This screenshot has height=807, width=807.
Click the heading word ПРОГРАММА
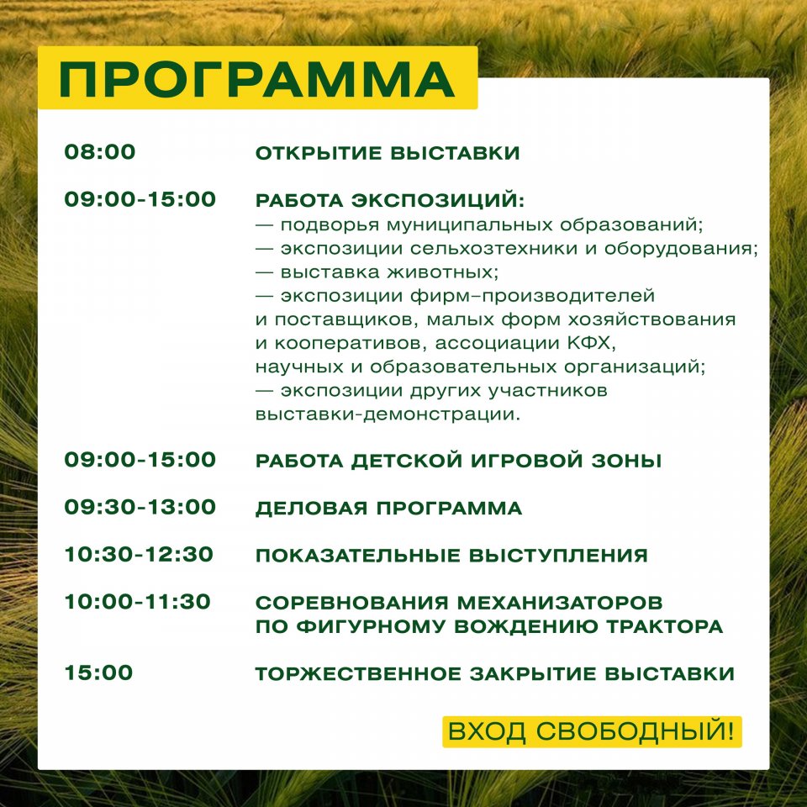257,80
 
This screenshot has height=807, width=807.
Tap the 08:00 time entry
100,152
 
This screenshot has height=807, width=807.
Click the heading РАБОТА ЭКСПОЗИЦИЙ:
389,200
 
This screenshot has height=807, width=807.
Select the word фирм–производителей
532,296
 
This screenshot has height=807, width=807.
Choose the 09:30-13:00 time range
140,507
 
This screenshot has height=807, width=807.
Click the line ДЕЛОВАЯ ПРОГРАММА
388,508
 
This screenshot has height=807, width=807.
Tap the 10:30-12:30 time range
139,554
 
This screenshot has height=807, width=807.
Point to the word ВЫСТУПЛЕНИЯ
558,556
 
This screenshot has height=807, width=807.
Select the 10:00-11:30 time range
137,602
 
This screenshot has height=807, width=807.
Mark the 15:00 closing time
98,672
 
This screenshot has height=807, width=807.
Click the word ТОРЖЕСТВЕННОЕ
358,673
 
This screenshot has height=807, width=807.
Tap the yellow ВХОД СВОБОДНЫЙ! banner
592,731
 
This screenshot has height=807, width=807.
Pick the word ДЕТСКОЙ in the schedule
407,460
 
